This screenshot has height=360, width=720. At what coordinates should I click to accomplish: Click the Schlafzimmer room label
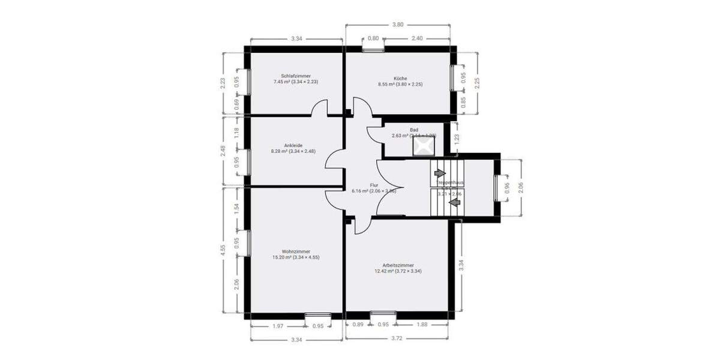pos(296,76)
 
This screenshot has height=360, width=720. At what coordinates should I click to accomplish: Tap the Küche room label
pos(401,79)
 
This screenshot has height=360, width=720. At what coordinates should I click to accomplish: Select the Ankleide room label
pos(293,145)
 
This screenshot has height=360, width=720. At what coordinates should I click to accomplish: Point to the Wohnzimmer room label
pos(296,251)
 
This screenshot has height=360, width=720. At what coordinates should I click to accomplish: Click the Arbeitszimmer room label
pos(398,265)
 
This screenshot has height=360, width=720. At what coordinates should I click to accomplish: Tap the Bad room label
pos(413,130)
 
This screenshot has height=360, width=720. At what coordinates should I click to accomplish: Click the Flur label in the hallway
pos(373,185)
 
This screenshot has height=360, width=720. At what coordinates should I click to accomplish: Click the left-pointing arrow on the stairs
pos(454,202)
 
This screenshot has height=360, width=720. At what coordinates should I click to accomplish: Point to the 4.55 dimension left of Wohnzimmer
pos(223,250)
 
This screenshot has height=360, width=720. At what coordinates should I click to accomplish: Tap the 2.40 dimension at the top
pos(417,38)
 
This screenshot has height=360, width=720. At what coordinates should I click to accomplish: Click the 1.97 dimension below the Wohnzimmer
pos(277,326)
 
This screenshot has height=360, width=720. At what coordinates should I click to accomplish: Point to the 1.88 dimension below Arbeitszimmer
pos(422,325)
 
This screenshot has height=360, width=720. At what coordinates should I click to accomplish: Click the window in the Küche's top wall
pos(373,50)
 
